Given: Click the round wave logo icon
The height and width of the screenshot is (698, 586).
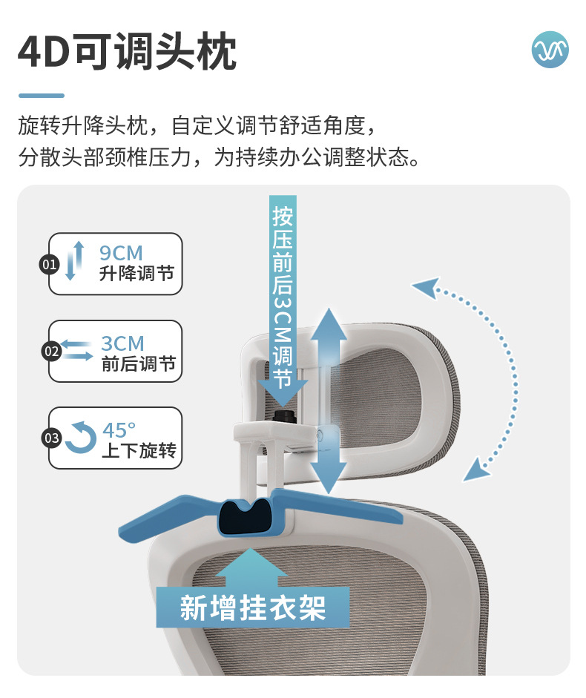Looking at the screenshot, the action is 550,50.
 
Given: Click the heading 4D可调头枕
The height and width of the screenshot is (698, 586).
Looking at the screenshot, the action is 127,51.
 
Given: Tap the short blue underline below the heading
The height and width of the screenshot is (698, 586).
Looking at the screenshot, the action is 42,95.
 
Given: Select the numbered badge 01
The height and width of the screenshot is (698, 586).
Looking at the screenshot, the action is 49,264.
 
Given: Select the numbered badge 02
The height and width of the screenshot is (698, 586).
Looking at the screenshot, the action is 51,352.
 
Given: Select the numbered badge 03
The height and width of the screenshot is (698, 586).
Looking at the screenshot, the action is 51,438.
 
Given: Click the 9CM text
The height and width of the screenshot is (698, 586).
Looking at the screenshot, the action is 121,253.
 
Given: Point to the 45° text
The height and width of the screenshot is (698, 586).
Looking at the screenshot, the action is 119,430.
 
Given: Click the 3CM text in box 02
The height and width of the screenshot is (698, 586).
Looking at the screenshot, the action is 123,343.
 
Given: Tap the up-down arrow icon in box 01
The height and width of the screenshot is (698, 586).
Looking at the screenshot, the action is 74,261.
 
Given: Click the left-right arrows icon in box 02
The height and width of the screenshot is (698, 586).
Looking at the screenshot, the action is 76,350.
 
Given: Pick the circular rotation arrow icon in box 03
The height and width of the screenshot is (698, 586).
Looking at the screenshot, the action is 81,437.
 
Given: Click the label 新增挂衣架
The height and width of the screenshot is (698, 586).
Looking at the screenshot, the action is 253,608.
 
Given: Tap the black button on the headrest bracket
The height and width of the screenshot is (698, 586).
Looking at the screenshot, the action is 283,416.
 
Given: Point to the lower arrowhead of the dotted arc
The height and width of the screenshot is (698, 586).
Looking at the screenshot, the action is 475,470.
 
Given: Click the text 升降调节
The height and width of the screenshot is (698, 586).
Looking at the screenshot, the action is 136,273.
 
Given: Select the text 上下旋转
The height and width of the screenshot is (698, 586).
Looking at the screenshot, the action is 139,450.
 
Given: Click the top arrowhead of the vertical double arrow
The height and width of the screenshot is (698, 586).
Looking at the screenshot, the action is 329,324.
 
